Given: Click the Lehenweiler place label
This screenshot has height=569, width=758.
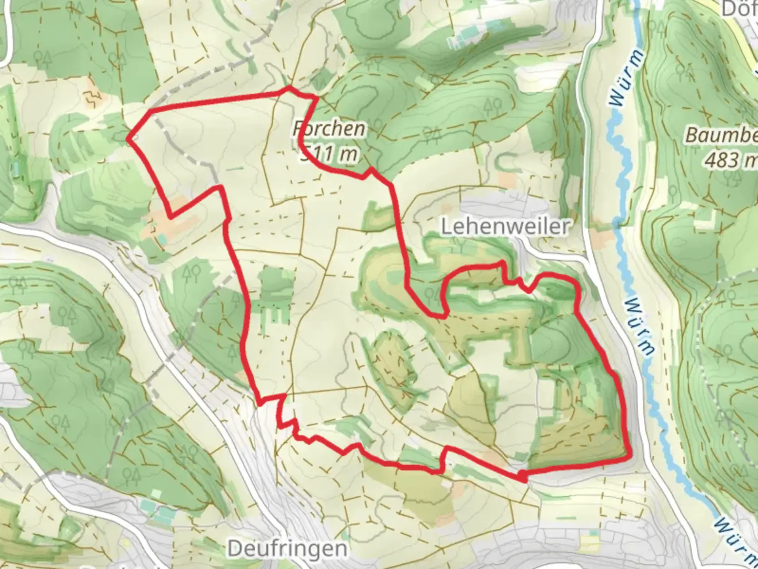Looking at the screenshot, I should (x=505, y=227).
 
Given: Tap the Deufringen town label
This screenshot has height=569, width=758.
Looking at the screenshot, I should (x=287, y=549).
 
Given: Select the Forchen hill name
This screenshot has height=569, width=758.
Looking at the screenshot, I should (x=330, y=129).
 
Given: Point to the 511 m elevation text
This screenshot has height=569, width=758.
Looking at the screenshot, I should (x=330, y=154).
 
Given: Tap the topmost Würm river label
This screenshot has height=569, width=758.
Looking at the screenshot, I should (x=626, y=79).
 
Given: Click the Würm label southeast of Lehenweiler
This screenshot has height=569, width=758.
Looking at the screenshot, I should (x=640, y=327).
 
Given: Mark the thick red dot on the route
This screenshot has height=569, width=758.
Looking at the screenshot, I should (x=522, y=477).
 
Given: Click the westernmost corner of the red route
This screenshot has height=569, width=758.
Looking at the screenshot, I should (x=129, y=140).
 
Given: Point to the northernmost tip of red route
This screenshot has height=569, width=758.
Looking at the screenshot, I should (x=289, y=88).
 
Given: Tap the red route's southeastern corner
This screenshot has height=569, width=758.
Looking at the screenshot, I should (x=629, y=457).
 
